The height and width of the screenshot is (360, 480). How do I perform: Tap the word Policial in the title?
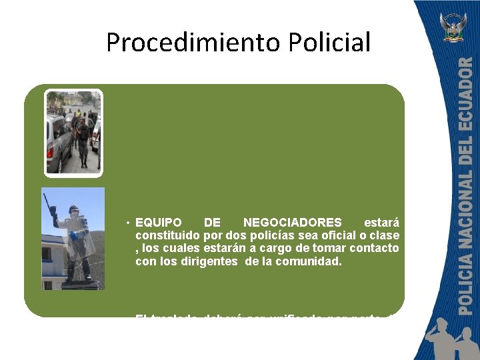pyautogui.click(x=330, y=42)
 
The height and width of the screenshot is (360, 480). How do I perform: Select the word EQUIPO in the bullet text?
pyautogui.click(x=158, y=222)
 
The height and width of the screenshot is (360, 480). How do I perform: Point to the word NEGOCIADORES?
pyautogui.click(x=292, y=222)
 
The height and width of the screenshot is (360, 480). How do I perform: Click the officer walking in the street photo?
pyautogui.click(x=82, y=137)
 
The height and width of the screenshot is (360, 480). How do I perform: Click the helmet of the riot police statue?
pyautogui.click(x=73, y=209)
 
